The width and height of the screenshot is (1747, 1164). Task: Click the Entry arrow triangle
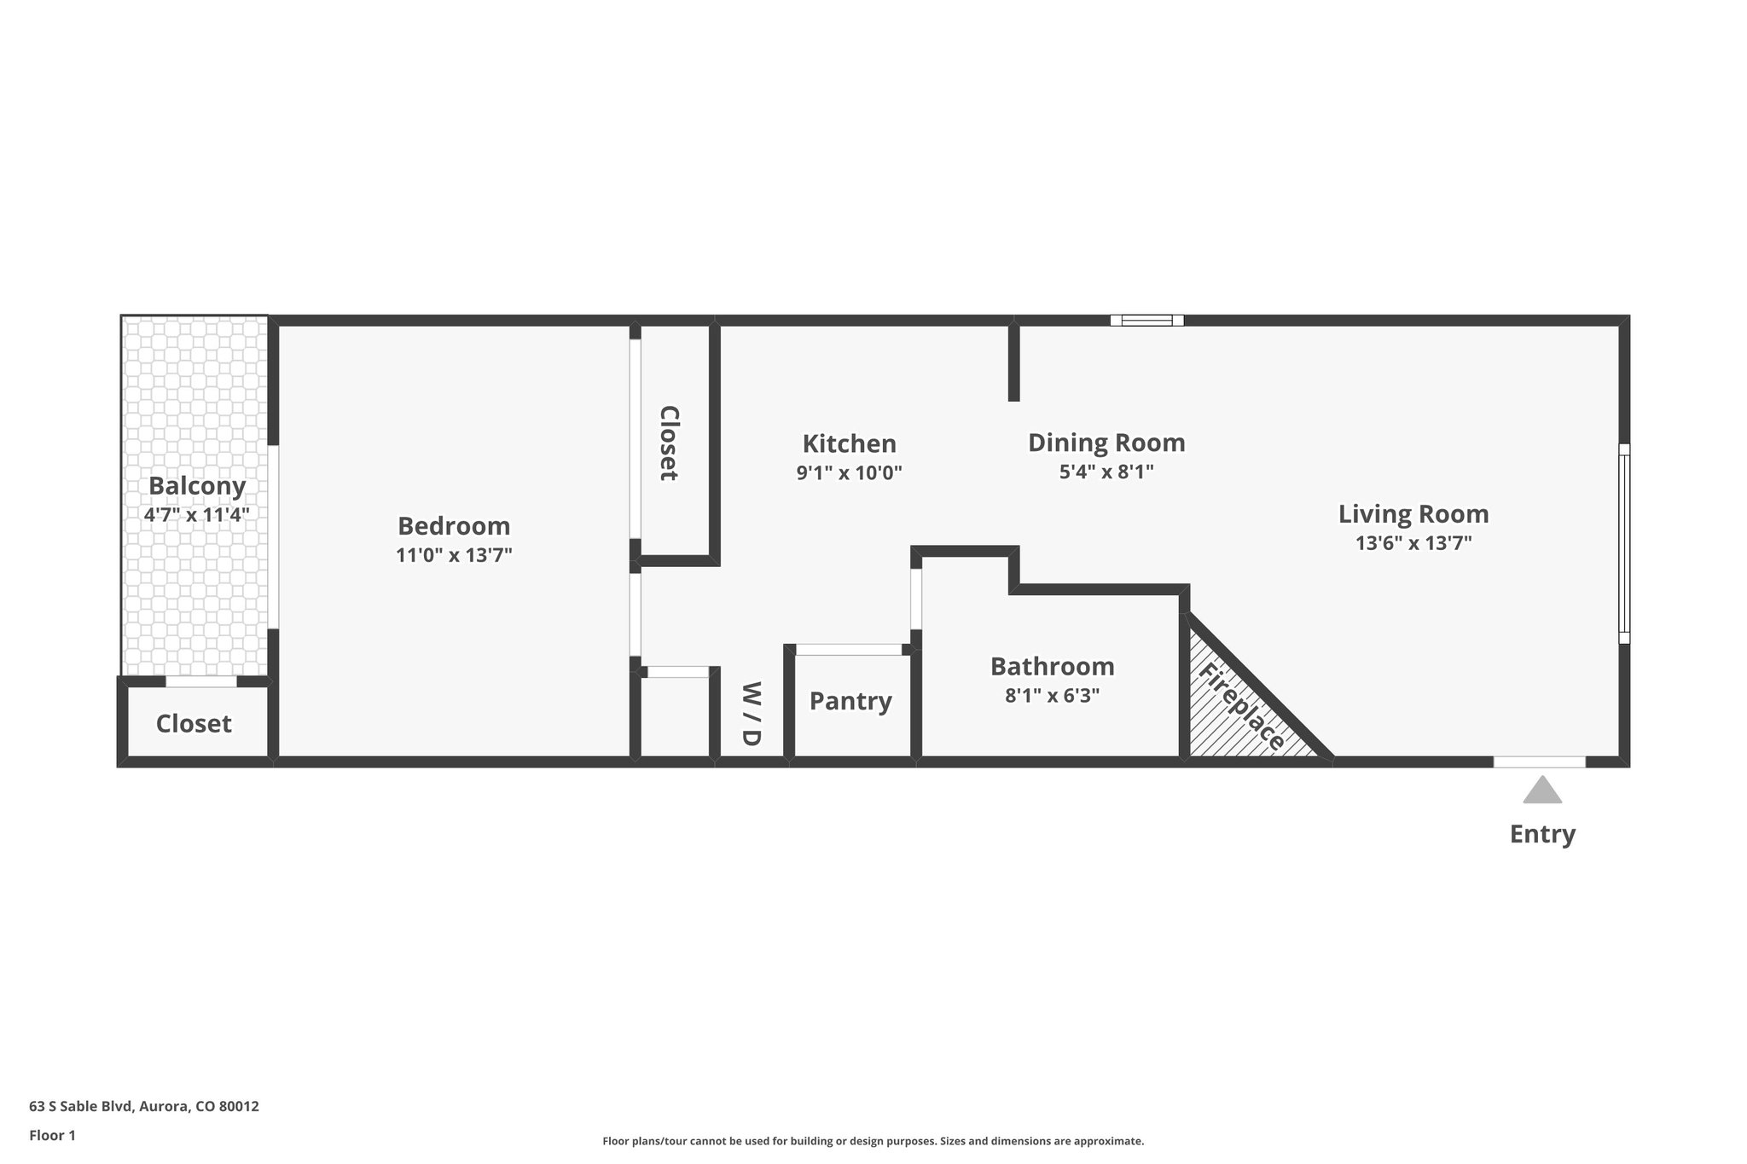click(1542, 791)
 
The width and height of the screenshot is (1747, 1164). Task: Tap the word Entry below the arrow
click(1542, 833)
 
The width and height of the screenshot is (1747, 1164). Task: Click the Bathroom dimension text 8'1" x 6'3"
click(1052, 695)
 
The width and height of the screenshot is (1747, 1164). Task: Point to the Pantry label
click(850, 701)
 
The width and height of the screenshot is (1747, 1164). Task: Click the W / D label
click(751, 714)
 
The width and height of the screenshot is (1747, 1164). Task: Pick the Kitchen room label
click(849, 443)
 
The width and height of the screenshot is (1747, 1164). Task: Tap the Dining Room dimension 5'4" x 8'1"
click(1106, 472)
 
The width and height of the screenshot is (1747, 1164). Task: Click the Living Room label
click(1413, 513)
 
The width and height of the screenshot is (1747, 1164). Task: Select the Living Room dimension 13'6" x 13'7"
click(1413, 542)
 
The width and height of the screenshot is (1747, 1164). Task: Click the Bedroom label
click(454, 525)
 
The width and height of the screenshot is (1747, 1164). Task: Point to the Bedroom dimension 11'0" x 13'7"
click(454, 555)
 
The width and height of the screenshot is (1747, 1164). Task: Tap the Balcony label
click(197, 485)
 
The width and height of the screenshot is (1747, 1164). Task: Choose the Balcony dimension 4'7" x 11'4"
click(197, 514)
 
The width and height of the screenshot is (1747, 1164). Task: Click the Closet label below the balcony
click(194, 723)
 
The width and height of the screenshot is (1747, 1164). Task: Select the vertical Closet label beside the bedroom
click(670, 443)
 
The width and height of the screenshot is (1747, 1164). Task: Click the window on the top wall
click(1146, 321)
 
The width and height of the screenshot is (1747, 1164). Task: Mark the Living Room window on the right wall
click(1624, 543)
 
